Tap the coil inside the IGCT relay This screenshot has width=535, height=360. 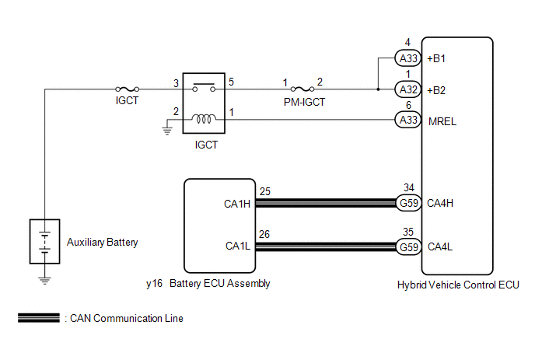(205, 119)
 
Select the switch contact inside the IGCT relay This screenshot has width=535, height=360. (205, 86)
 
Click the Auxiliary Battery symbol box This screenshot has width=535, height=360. (45, 242)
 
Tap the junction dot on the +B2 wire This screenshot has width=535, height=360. (378, 89)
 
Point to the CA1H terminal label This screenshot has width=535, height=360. (236, 204)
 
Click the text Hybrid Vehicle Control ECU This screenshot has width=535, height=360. (457, 285)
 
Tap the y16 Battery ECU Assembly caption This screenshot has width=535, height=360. (208, 284)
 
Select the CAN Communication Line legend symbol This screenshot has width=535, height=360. (38, 318)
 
